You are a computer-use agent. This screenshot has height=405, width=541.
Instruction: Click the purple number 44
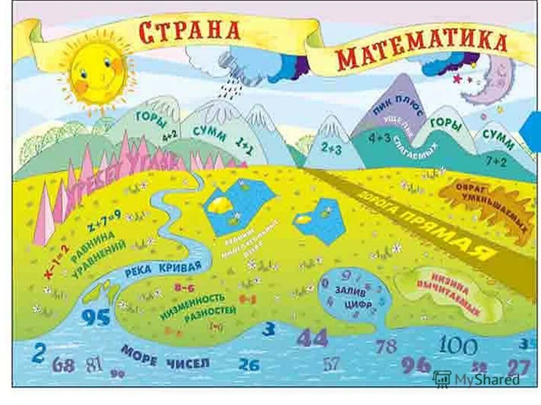coord(312,337)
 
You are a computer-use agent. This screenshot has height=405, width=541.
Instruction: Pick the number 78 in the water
coord(386,346)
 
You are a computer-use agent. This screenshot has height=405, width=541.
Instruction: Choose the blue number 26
coord(248,364)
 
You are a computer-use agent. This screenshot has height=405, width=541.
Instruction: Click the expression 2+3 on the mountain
coord(332,148)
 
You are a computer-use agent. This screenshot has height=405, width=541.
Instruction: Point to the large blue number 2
coord(38,354)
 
